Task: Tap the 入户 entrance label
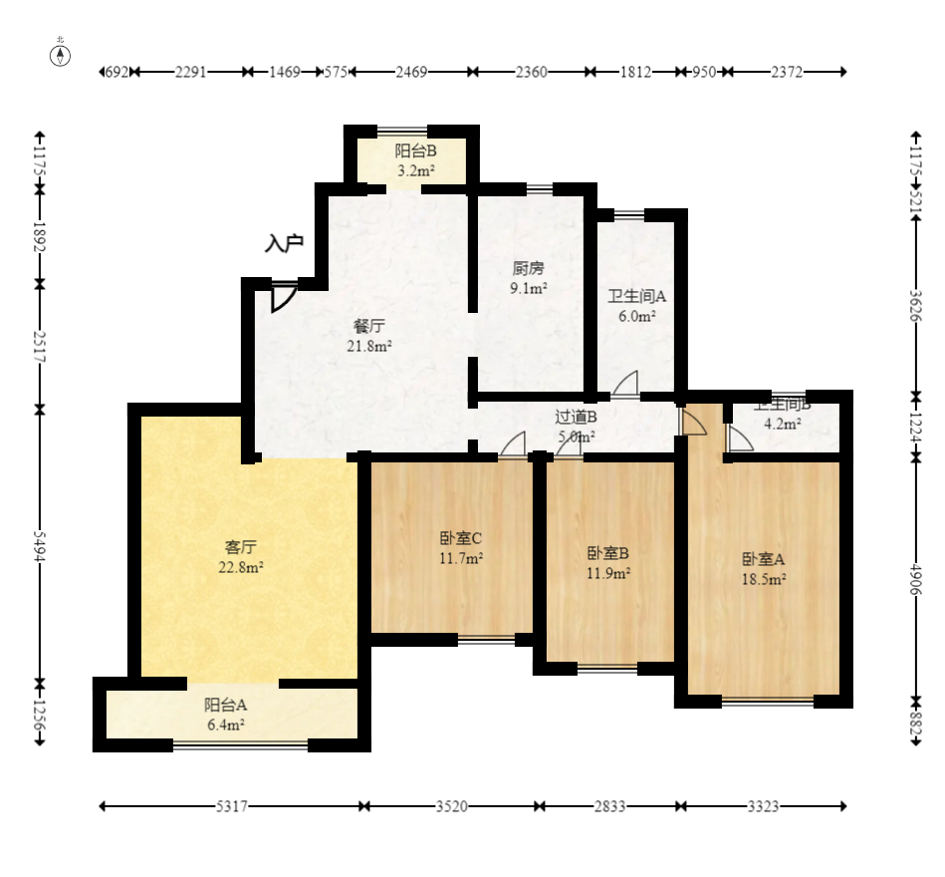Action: click(284, 243)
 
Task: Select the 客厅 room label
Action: click(241, 547)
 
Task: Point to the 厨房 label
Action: click(529, 268)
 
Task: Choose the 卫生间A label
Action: click(637, 296)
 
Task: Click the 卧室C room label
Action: click(461, 538)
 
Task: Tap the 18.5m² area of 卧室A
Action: click(764, 578)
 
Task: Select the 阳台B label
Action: click(415, 151)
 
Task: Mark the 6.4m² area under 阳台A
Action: click(226, 725)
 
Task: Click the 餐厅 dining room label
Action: click(368, 326)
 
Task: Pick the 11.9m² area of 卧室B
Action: click(607, 573)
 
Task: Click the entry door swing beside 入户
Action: click(283, 297)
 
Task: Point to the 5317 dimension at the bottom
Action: click(233, 806)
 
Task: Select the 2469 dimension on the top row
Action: click(411, 72)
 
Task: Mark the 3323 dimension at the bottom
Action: click(763, 806)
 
